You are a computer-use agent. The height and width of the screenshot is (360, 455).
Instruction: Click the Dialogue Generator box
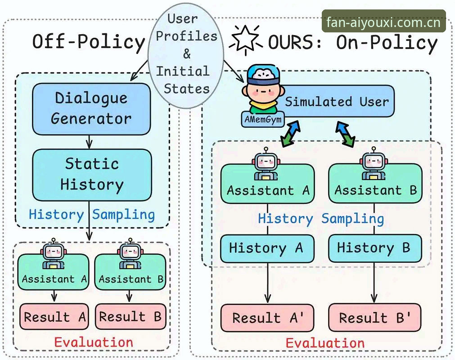pos(91,109)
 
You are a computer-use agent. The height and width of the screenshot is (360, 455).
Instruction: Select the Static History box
pos(92,175)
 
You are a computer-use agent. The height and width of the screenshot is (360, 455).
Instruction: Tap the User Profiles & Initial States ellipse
pos(186,55)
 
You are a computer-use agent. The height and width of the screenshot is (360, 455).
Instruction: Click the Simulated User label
pos(337,102)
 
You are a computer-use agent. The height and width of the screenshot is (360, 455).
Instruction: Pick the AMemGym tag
pos(263,119)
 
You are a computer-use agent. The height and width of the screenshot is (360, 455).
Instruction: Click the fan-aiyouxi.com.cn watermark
pos(383,21)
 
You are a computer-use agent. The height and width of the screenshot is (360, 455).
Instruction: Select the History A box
pos(267,248)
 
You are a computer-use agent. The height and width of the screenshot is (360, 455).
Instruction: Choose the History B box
pos(374,248)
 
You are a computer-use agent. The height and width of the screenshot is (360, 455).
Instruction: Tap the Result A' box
pos(267,318)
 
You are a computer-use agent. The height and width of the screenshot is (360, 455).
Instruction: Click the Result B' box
pos(374,317)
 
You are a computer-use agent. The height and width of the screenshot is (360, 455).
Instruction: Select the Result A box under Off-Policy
pos(54,316)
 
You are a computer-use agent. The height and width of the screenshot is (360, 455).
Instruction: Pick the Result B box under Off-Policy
pos(131,316)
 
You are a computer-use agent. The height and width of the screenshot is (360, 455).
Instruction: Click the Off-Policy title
pos(89,42)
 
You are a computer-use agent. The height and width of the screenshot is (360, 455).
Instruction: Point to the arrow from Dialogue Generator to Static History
pos(90,142)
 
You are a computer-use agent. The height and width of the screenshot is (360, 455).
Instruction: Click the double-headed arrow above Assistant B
pos(345,134)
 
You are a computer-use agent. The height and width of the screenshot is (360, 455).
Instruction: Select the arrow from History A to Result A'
pos(267,283)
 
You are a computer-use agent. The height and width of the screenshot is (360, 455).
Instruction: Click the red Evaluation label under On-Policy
pos(325,343)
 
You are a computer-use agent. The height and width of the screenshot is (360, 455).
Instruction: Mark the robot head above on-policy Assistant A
pos(266,160)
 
